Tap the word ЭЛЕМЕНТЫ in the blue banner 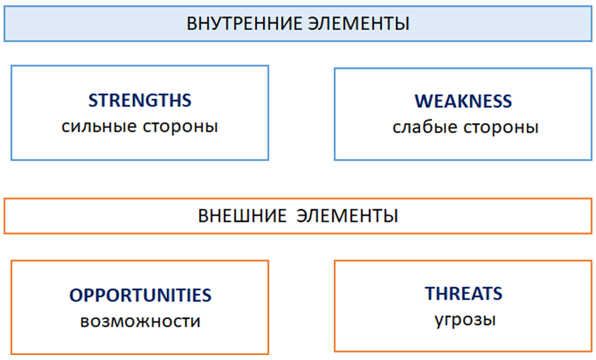tap(358, 23)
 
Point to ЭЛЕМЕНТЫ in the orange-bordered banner tap(347, 216)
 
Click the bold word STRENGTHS tap(140, 100)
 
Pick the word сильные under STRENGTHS tap(99, 127)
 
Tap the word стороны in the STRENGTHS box tap(181, 127)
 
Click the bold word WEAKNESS tap(463, 101)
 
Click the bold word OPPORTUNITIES tap(140, 295)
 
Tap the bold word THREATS tap(464, 293)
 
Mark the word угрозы tap(465, 320)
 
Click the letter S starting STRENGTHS tap(93, 100)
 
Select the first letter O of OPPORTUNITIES tap(76, 295)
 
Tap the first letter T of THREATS tap(430, 293)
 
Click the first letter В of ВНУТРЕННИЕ tap(191, 23)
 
